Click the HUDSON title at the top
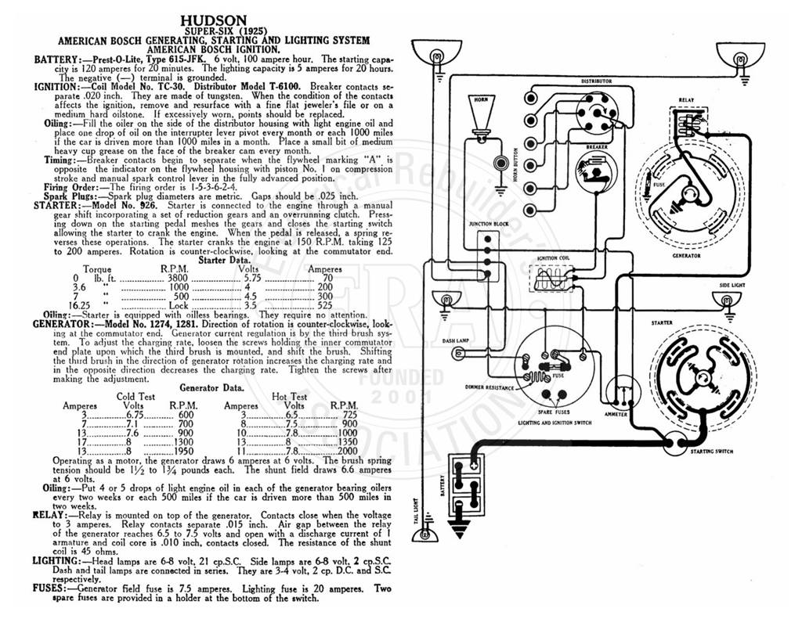pos(214,21)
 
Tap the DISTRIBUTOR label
pos(596,81)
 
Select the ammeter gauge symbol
pos(623,393)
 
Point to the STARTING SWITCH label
pos(711,452)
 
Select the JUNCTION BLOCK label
pos(488,224)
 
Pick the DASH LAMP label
pos(456,341)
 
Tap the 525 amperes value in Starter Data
pos(325,306)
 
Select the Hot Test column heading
pos(290,397)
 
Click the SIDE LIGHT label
pos(732,285)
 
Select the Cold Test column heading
pos(135,397)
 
